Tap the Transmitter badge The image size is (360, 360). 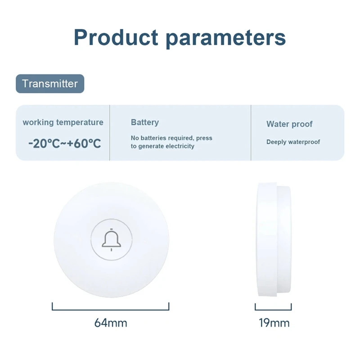50,84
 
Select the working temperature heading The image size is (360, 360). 63,122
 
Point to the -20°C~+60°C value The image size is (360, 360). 64,144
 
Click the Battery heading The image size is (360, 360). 144,122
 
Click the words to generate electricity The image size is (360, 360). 162,146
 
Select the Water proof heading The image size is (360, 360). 289,124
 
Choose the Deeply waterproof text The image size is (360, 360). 293,142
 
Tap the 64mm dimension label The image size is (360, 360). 111,323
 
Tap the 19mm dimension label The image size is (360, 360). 274,323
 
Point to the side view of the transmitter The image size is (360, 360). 273,239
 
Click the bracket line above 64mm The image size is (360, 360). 111,310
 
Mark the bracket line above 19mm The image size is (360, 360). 274,310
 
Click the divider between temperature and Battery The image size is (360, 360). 110,133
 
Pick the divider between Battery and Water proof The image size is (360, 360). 251,133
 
